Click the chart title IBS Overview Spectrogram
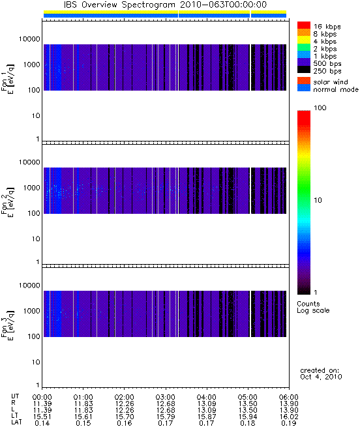point(119,5)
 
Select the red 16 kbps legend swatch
point(304,25)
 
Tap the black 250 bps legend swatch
point(304,70)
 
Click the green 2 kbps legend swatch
point(304,48)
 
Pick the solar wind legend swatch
point(304,81)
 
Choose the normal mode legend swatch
point(304,88)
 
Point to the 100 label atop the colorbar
point(320,108)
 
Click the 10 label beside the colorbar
point(318,200)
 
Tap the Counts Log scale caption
point(313,307)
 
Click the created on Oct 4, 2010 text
point(321,374)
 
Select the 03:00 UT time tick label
point(165,397)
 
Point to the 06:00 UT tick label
point(289,397)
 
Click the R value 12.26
point(125,404)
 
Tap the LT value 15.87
point(207,417)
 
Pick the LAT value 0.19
point(289,424)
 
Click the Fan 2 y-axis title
point(7,201)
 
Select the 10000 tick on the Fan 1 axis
point(29,39)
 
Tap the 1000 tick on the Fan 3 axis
point(31,311)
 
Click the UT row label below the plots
point(15,396)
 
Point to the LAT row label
point(16,422)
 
